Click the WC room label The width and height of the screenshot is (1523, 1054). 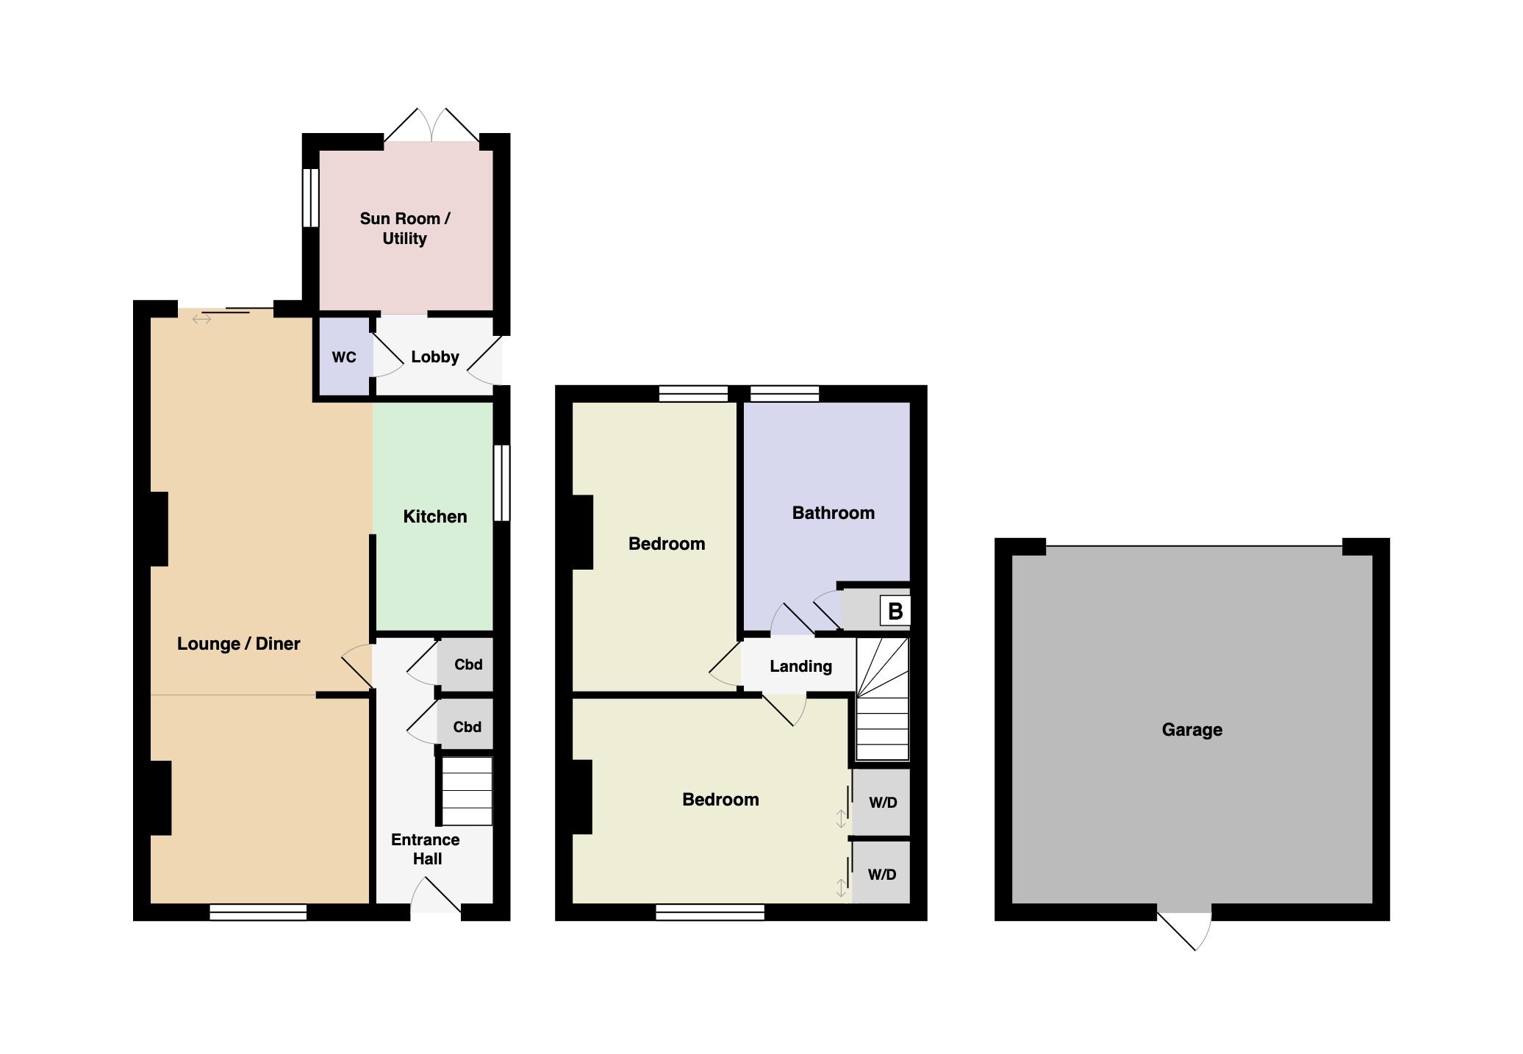tap(344, 357)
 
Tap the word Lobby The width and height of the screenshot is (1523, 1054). tap(435, 356)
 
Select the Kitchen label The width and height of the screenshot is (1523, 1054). tap(435, 517)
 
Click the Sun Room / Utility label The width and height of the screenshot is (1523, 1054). tap(405, 229)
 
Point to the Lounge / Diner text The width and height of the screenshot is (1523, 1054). tap(239, 644)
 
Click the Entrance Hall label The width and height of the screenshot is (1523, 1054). tap(426, 849)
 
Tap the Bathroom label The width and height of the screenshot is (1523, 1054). tap(834, 513)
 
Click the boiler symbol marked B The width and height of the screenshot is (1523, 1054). tap(895, 611)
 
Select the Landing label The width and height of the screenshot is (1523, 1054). tap(801, 667)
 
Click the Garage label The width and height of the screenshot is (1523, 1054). tap(1192, 730)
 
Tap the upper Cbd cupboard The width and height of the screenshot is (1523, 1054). tap(465, 664)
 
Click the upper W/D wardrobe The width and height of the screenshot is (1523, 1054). tap(881, 802)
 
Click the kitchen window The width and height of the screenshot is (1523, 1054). tap(502, 482)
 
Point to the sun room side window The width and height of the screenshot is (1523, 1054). tap(311, 198)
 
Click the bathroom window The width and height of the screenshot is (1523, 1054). tap(784, 394)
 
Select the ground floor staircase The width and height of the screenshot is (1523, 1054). tap(467, 791)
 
